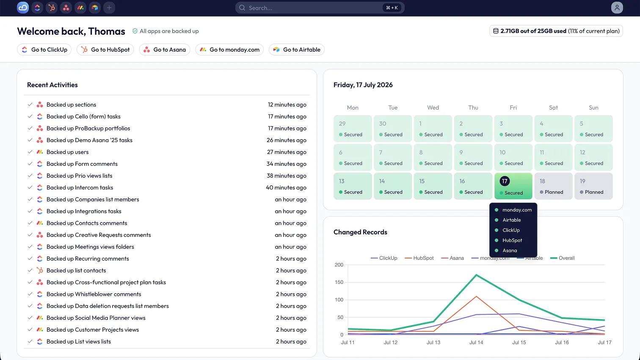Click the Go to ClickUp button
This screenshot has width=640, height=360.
point(44,49)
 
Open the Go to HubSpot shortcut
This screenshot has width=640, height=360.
point(105,49)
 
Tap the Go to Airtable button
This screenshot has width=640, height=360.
point(297,49)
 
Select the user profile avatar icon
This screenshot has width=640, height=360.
point(617,8)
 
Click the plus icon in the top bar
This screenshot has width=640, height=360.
point(109,8)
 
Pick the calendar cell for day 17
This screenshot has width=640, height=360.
point(513,186)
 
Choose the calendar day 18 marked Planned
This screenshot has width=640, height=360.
point(553,186)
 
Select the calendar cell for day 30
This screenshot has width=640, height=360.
point(393,129)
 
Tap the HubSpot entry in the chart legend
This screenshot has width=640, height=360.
point(419,258)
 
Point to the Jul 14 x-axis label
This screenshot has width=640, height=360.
point(476,342)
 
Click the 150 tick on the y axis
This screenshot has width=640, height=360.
point(339,282)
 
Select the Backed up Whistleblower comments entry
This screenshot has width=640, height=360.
point(94,294)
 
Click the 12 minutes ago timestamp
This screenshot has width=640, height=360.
point(287,104)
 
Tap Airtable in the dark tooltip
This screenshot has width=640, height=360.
point(512,220)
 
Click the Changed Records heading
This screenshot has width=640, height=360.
point(360,232)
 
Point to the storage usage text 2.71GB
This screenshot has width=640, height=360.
point(510,31)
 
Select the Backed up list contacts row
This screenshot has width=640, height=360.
point(76,270)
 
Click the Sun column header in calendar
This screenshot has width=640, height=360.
point(593,107)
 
